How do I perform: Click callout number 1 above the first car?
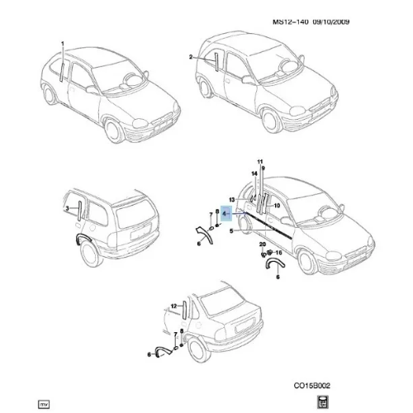pos(63,44)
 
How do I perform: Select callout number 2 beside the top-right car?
pos(191,57)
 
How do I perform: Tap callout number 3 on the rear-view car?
pos(68,209)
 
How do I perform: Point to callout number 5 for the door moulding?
pos(231,230)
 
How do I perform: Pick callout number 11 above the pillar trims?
pos(260,162)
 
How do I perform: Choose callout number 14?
pos(254,173)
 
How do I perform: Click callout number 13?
pos(232,199)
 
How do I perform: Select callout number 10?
pos(277,206)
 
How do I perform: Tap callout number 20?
pos(263,244)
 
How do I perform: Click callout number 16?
pos(278,253)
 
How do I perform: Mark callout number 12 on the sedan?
pos(173,306)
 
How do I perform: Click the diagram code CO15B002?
pos(311,386)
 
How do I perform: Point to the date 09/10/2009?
pos(330,21)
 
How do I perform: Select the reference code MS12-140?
pos(290,21)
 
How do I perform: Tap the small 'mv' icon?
pos(44,404)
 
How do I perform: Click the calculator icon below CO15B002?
pos(323,402)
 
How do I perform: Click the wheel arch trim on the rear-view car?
pos(81,237)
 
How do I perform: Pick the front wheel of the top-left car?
pos(114,131)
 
